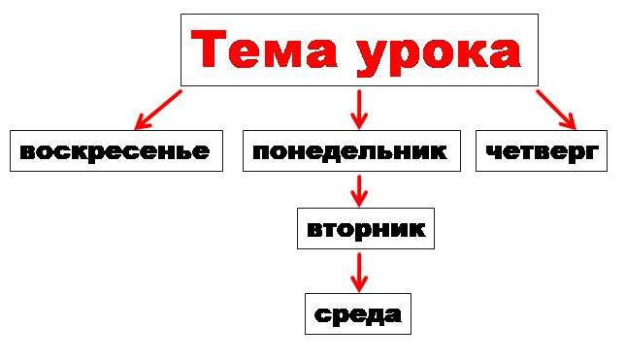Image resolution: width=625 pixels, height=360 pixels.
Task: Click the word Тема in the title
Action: pos(264,49)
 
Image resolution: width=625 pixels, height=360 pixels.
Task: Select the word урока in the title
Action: pos(439,53)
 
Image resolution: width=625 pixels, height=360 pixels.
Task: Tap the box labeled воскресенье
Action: pos(116,151)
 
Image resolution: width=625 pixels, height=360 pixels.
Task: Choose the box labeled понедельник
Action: pos(351,151)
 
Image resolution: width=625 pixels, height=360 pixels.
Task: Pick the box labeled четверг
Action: pos(542,151)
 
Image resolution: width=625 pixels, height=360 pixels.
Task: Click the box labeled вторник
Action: pos(366,229)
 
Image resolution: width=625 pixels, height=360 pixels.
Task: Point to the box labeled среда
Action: pos(358,314)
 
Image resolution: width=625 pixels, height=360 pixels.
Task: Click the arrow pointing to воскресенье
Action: pos(158,110)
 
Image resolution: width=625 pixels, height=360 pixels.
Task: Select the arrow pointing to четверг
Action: pos(556,110)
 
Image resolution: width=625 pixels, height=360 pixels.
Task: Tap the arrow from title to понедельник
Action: pos(359,110)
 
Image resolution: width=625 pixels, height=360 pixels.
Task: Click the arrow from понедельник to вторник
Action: pos(359,191)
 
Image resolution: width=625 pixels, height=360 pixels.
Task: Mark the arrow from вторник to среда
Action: pos(359,273)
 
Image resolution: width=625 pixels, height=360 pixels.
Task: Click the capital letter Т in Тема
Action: pos(209,49)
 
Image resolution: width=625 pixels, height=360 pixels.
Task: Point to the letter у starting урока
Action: pos(373,58)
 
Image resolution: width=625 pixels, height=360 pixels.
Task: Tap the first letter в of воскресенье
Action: pos(28,152)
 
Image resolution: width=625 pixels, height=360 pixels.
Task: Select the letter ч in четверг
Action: pos(494,152)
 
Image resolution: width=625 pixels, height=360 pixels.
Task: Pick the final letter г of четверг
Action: pos(593,152)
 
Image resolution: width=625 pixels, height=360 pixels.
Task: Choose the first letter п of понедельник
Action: pos(261,152)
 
